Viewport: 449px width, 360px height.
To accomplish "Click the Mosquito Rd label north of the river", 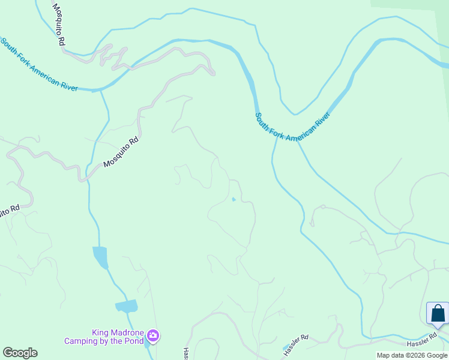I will pyautogui.click(x=58, y=24).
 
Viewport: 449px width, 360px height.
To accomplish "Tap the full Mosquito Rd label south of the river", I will pyautogui.click(x=121, y=152).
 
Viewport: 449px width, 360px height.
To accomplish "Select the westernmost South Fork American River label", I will pyautogui.click(x=39, y=64).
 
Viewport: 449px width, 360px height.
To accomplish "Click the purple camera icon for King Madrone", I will pyautogui.click(x=153, y=335).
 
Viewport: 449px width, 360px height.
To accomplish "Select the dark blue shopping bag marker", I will pyautogui.click(x=438, y=314).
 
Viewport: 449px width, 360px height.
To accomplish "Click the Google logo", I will pyautogui.click(x=20, y=353).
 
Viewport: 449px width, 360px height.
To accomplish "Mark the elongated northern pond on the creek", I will pyautogui.click(x=100, y=257).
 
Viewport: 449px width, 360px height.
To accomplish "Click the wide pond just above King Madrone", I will pyautogui.click(x=127, y=306).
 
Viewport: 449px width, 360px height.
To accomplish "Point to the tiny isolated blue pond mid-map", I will pyautogui.click(x=233, y=200).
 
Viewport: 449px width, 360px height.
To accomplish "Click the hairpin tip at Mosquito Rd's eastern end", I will pyautogui.click(x=212, y=73).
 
